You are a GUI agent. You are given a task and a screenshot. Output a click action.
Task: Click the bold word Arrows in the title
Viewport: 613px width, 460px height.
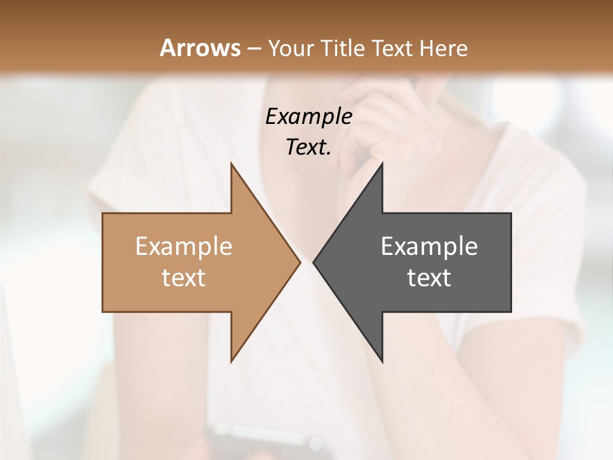point(199,48)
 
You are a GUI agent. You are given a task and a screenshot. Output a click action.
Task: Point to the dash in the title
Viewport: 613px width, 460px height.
point(254,49)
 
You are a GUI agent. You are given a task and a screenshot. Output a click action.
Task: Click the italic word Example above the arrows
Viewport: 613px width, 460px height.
point(308,116)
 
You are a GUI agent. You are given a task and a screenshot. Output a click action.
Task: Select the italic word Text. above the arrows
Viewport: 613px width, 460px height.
point(308,148)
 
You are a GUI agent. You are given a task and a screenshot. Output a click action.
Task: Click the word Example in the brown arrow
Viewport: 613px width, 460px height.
point(184,247)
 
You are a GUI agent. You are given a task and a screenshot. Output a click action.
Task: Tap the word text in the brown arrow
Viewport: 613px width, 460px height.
point(184,278)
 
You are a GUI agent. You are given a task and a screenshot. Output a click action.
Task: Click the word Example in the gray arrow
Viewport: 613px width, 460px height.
point(429,247)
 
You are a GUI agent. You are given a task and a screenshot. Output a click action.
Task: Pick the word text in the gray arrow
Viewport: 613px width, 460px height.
point(429,278)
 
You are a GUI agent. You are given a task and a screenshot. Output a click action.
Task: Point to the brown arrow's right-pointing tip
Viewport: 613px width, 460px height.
point(299,262)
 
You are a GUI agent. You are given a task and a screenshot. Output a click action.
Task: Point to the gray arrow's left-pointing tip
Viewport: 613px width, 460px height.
point(314,262)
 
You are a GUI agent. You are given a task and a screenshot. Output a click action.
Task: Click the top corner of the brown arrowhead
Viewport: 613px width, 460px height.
point(231,164)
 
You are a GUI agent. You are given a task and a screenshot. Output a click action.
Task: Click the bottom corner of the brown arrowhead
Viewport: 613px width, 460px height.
point(231,362)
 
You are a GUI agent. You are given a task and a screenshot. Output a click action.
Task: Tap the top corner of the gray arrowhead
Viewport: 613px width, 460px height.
point(382,164)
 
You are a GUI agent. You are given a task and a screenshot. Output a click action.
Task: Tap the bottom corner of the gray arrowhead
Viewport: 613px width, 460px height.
point(382,362)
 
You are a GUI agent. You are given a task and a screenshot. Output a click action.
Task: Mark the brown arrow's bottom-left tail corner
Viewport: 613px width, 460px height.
point(103,311)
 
